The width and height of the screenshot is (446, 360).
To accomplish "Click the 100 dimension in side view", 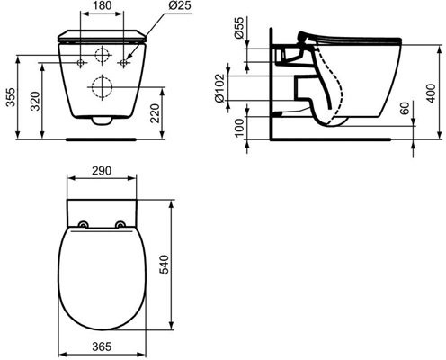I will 236,128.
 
